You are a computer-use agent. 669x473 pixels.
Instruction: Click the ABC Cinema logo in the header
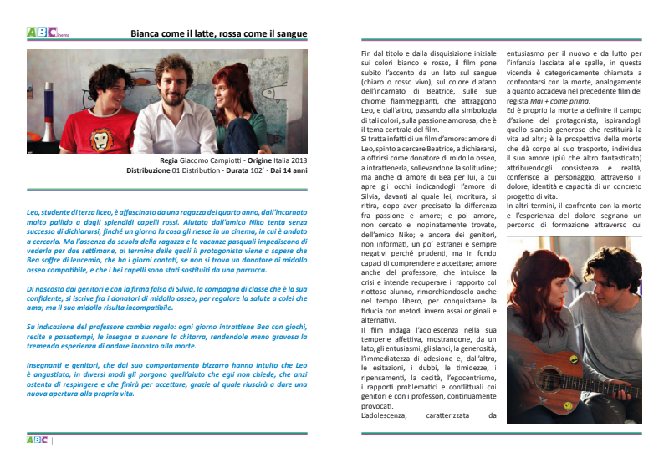(x=42, y=33)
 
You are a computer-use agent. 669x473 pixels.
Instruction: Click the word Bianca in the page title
(x=148, y=34)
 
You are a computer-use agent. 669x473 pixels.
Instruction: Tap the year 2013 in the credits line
(x=295, y=160)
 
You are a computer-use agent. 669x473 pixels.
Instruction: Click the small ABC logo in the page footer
(x=38, y=440)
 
